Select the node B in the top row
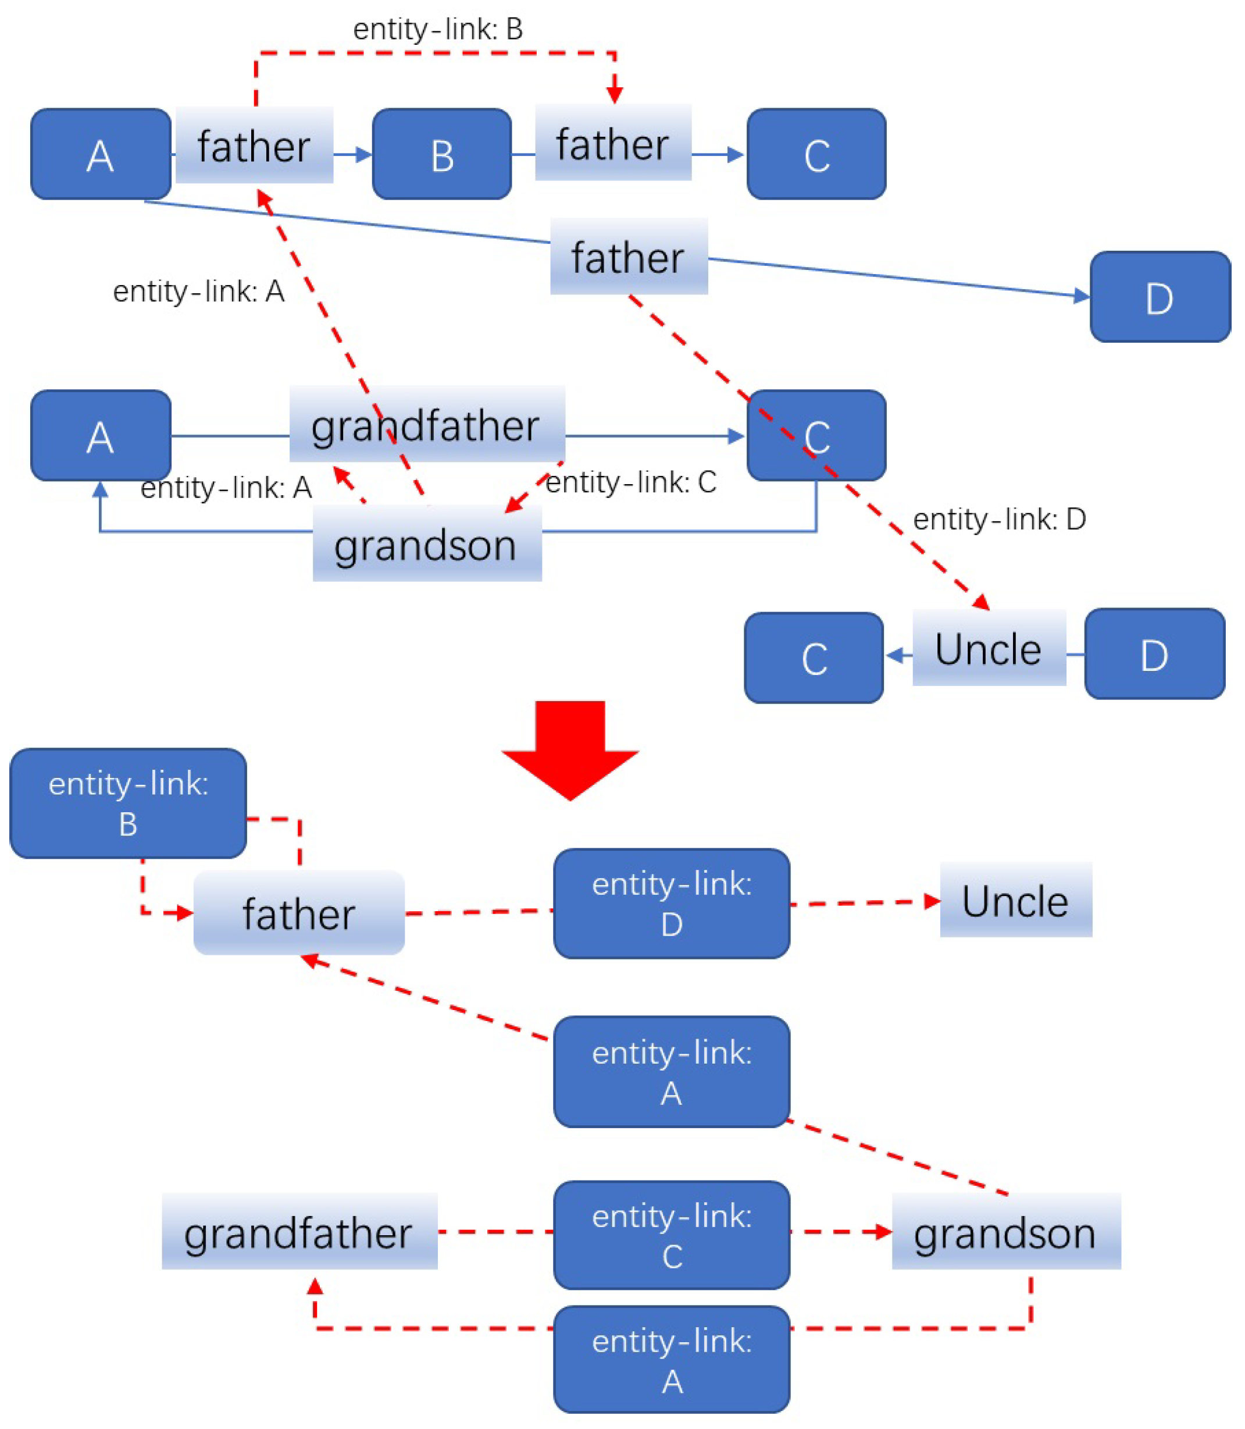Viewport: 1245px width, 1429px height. [x=442, y=154]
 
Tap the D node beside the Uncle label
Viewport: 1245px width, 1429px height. [x=1154, y=654]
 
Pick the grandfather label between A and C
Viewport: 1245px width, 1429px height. [x=427, y=425]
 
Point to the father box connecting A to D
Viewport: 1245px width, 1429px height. [x=629, y=257]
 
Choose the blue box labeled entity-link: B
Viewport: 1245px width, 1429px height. [x=129, y=804]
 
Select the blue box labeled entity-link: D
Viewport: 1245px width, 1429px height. [x=671, y=904]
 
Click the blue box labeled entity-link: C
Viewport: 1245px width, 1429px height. [x=671, y=1235]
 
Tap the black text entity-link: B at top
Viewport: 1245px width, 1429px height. [x=438, y=29]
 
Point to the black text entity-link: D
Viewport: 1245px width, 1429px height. [x=999, y=519]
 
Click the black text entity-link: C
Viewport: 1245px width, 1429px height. [x=631, y=482]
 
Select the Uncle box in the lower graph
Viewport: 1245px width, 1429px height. [x=1016, y=901]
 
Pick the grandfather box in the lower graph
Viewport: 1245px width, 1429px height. [x=299, y=1232]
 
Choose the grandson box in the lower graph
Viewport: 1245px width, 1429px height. [x=1006, y=1232]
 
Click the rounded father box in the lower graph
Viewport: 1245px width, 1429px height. [x=299, y=912]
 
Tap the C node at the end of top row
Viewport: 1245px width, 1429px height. [x=816, y=154]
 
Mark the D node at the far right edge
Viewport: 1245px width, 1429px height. [x=1160, y=297]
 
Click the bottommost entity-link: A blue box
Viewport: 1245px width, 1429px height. [x=671, y=1360]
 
